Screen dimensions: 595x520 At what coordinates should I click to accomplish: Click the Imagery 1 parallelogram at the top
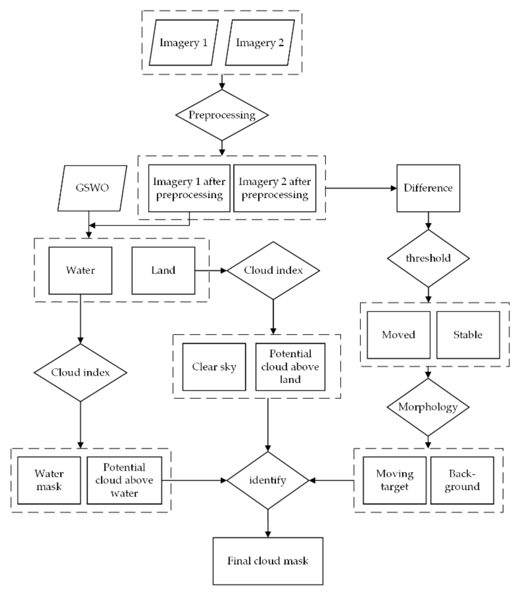(x=183, y=43)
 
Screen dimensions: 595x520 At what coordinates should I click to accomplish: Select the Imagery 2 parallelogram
(x=260, y=43)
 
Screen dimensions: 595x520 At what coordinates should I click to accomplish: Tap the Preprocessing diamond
(x=222, y=115)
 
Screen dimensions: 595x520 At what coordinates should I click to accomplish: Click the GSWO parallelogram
(x=92, y=188)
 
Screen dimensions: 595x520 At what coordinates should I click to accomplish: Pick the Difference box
(x=428, y=188)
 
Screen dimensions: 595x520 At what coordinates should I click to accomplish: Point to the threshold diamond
(x=428, y=258)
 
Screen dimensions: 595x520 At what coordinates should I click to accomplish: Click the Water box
(x=80, y=270)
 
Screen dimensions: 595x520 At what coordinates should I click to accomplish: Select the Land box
(x=163, y=270)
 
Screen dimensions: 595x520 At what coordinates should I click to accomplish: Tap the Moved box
(x=399, y=335)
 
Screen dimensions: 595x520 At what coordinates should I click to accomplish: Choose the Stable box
(x=468, y=335)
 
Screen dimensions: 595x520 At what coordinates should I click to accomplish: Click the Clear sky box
(x=214, y=367)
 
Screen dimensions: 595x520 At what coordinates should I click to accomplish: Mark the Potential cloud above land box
(x=290, y=367)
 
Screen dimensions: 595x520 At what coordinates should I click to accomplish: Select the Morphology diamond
(x=428, y=407)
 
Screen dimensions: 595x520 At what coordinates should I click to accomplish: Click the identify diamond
(x=268, y=480)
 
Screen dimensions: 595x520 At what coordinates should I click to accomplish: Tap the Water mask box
(x=49, y=480)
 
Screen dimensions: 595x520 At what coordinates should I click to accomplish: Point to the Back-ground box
(x=462, y=480)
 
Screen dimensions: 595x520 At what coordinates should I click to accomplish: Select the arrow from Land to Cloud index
(x=211, y=270)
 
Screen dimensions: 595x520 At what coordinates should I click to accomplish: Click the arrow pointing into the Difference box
(x=361, y=188)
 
